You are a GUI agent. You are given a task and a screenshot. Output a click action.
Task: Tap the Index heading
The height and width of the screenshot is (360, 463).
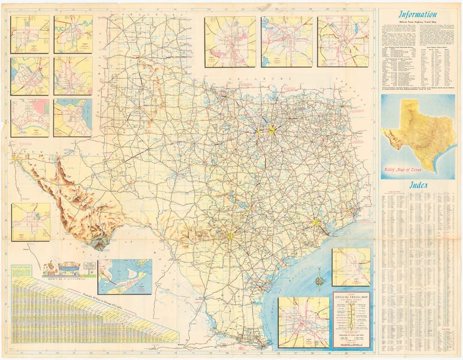click(x=417, y=185)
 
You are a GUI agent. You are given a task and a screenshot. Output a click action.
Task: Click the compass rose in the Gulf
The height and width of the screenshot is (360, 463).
click(x=319, y=280)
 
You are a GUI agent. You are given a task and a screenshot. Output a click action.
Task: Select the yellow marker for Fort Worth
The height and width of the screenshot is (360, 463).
click(x=258, y=131)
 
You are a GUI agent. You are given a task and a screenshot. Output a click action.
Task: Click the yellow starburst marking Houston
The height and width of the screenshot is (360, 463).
click(x=315, y=223)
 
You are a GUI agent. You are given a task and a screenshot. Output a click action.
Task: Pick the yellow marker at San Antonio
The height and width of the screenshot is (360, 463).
click(x=229, y=236)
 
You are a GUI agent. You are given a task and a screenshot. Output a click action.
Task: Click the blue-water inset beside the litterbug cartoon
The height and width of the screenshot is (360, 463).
click(x=125, y=277)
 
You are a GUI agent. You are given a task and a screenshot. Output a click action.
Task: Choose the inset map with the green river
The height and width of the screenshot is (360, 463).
click(x=73, y=34)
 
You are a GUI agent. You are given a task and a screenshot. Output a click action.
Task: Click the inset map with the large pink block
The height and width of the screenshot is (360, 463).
click(x=29, y=118)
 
